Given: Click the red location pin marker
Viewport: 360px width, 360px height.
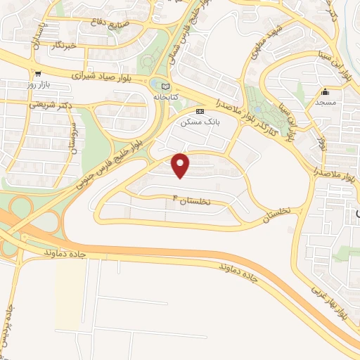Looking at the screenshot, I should [181, 165].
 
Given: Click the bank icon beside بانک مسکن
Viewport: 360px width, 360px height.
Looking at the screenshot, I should [200, 111].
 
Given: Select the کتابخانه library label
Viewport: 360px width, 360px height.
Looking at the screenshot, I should [165, 96].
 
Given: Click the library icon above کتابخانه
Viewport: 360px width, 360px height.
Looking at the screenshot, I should [165, 86].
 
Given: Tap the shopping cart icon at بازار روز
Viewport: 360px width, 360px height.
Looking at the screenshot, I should [38, 73].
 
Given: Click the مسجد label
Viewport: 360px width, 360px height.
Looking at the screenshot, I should [326, 103].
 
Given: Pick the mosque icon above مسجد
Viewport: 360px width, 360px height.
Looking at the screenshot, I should [325, 92].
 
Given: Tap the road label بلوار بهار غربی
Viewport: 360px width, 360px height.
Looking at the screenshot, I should [328, 294].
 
